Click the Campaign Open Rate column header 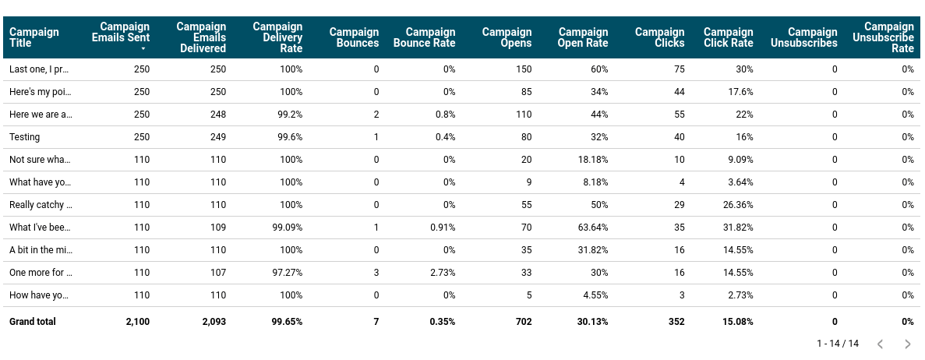click(x=583, y=37)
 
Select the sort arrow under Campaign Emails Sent click(x=143, y=49)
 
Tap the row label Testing click(x=25, y=137)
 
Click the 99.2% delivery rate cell click(x=289, y=115)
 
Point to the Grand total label click(x=33, y=321)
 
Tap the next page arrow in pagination click(x=907, y=344)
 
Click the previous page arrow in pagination click(x=880, y=344)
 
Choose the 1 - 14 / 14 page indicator click(x=837, y=344)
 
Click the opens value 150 click(x=524, y=69)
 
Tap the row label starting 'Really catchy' click(x=41, y=205)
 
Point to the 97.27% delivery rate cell click(x=286, y=273)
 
